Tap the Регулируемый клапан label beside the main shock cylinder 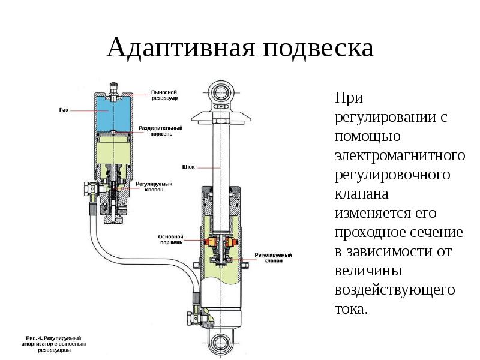pos(272,258)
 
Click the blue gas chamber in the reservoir pos(112,113)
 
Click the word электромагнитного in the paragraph pos(400,155)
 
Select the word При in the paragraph pos(348,98)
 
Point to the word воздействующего pos(395,290)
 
